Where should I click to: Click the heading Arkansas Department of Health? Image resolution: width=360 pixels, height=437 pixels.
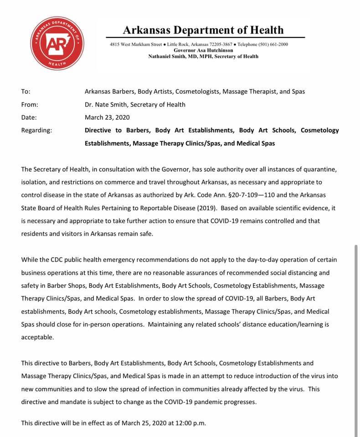(x=203, y=30)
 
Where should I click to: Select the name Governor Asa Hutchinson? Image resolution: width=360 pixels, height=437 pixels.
(x=203, y=50)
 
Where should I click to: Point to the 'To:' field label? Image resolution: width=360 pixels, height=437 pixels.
(x=26, y=91)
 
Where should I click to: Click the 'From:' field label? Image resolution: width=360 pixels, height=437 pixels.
(x=30, y=104)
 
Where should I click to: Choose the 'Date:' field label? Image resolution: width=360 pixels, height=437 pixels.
(x=29, y=117)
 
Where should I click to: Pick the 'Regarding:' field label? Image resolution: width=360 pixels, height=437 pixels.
(x=36, y=130)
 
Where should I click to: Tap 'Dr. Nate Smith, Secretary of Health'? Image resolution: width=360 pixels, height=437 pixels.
(x=135, y=104)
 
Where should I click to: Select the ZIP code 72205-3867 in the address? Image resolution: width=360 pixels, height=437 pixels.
(x=223, y=44)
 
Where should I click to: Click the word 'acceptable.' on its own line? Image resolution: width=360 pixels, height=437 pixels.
(x=37, y=337)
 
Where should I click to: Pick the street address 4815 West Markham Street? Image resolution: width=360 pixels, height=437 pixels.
(x=136, y=44)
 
